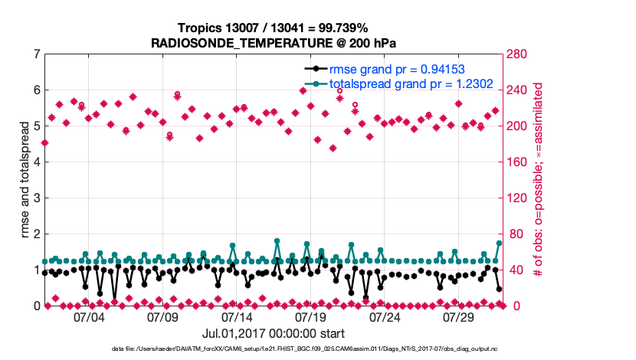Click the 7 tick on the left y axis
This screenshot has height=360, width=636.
click(37, 54)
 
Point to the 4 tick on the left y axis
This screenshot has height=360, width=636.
click(37, 162)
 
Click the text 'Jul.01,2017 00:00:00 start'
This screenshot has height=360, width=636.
click(273, 333)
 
